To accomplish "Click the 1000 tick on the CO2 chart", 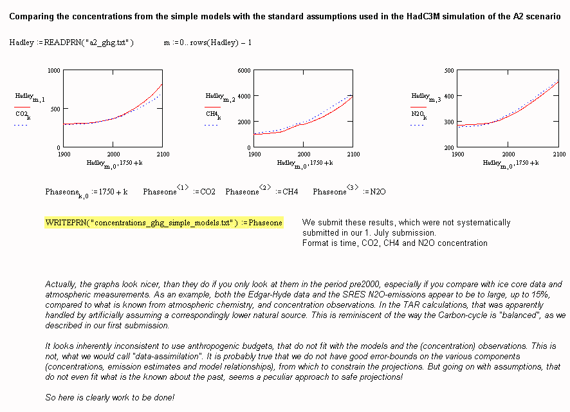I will click(54, 70).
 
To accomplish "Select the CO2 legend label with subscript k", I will click(23, 115).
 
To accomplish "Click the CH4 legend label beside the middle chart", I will click(213, 115).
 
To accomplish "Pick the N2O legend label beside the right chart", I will click(419, 115).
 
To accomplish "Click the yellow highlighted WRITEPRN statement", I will click(163, 223).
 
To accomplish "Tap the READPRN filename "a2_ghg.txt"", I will click(109, 42).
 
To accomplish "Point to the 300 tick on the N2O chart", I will click(448, 122).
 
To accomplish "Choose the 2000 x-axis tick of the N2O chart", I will click(508, 154).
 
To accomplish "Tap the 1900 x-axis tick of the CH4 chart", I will click(254, 154).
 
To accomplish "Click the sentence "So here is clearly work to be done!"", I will click(110, 398).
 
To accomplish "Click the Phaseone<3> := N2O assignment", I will click(349, 192).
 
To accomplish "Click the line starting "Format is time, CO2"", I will click(394, 243).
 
